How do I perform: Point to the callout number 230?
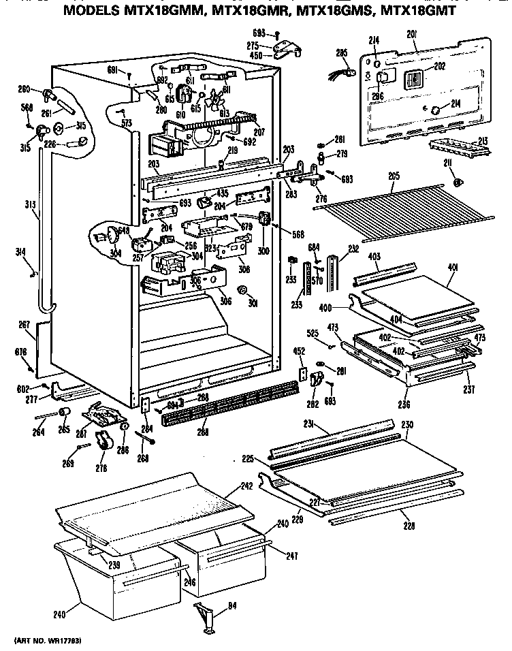(x=407, y=425)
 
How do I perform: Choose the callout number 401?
(x=453, y=268)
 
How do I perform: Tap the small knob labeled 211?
(x=458, y=182)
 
